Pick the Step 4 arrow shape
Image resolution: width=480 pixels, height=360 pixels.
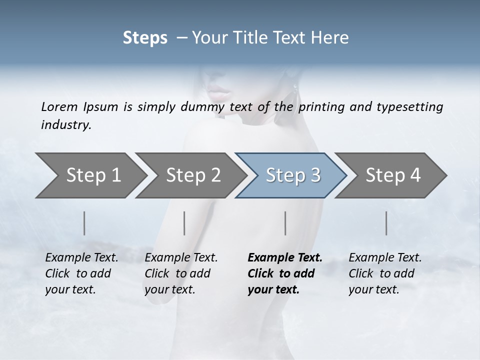392,175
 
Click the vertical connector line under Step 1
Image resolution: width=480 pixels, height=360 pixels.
84,223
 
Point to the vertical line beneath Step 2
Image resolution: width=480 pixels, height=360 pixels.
184,223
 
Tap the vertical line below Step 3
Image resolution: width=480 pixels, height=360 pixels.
285,223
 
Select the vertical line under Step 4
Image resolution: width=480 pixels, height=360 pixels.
386,223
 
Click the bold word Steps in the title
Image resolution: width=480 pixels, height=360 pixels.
145,38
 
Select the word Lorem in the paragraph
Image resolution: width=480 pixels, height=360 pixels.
59,107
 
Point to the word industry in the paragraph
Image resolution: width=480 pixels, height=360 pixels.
65,125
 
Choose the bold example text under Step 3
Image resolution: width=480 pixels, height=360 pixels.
284,273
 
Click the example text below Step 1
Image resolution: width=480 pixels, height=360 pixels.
81,273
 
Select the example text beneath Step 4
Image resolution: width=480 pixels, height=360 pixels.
385,273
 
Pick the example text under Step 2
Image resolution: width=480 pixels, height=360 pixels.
181,273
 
